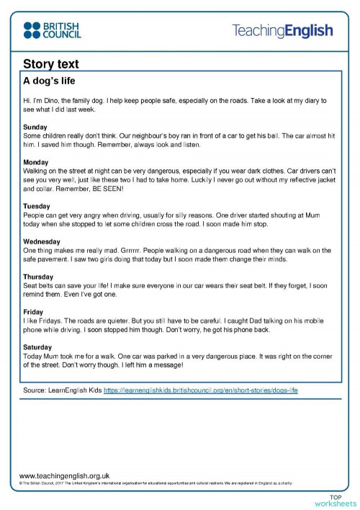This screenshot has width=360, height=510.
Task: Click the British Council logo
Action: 52,30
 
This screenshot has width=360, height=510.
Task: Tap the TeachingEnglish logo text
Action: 282,30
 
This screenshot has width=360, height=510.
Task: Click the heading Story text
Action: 50,65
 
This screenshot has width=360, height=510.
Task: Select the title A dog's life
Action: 49,81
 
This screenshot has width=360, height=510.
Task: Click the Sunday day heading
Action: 36,127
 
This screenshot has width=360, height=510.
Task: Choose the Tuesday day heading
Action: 37,207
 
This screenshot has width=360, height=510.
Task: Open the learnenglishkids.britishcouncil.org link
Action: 201,390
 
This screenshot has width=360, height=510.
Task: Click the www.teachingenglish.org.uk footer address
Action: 64,475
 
